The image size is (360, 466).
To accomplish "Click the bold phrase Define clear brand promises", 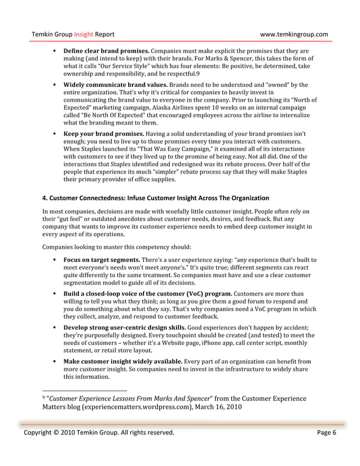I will pos(107,51).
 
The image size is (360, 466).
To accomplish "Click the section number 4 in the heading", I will pos(45,198).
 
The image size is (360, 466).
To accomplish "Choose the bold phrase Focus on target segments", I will pos(101,260).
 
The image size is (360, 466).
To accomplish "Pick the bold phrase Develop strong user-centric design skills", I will pos(126,328).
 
